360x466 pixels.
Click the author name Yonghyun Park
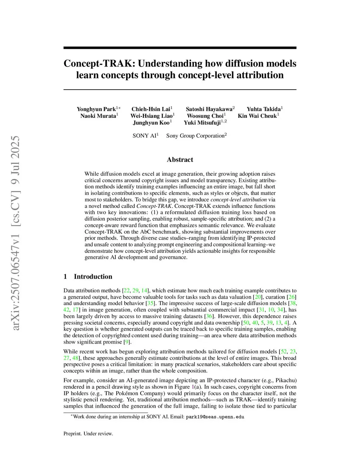click(96, 109)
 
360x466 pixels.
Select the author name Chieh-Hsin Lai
click(151, 109)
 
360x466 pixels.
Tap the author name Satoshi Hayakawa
click(209, 109)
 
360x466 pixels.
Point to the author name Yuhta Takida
click(264, 109)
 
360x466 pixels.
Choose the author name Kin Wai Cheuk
click(257, 116)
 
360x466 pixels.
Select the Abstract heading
click(180, 160)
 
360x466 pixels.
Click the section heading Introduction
click(93, 276)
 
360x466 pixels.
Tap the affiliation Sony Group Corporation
click(195, 136)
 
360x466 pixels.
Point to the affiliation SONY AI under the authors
click(144, 136)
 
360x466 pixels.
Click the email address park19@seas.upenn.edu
click(215, 417)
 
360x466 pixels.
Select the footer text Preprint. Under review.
click(88, 434)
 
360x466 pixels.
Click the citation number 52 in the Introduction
click(283, 351)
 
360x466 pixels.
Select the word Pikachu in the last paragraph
click(285, 380)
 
